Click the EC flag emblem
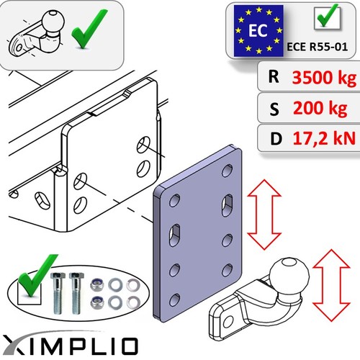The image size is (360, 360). [258, 31]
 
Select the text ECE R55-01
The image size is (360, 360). [318, 47]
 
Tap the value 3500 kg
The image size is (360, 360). [324, 78]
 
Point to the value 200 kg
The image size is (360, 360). [320, 108]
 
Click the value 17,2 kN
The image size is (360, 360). [324, 138]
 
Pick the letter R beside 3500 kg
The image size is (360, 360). [274, 76]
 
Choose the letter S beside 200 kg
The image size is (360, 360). [274, 109]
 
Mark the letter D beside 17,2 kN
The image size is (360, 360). [276, 139]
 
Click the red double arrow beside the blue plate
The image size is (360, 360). [264, 215]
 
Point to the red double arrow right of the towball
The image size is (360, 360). [331, 285]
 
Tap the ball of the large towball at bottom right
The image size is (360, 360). [289, 272]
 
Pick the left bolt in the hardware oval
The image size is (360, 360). [58, 293]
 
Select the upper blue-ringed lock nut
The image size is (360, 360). [96, 285]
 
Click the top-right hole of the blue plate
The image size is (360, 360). [227, 171]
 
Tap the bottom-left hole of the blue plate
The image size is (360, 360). [175, 300]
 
